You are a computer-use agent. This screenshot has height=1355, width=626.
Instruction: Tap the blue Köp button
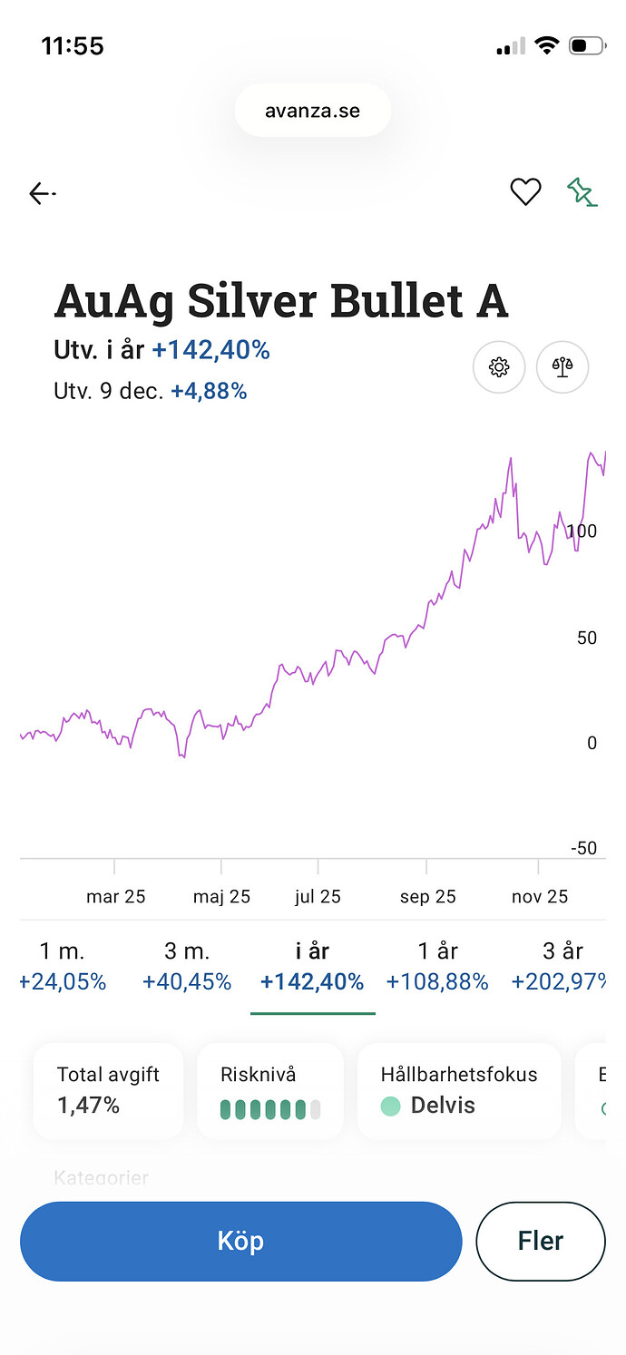click(x=240, y=1241)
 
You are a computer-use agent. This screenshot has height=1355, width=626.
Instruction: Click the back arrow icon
click(x=42, y=193)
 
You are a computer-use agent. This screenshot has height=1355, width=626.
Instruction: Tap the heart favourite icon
click(x=525, y=191)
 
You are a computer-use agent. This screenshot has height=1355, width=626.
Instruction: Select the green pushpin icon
click(x=582, y=191)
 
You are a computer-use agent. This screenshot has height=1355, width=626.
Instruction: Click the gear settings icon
click(x=499, y=367)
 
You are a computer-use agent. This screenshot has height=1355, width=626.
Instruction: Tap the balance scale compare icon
click(x=562, y=367)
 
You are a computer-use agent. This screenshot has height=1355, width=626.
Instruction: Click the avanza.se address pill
click(x=312, y=112)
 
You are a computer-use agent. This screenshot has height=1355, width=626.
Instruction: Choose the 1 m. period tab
click(x=62, y=966)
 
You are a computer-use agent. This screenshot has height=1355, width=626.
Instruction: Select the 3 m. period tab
click(x=187, y=966)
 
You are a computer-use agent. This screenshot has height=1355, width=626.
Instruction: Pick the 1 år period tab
click(x=437, y=966)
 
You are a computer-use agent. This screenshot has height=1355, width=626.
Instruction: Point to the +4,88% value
click(x=209, y=391)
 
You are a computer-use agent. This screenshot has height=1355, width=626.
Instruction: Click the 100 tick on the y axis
click(x=582, y=531)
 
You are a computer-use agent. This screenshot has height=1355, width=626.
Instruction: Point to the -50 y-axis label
click(x=583, y=848)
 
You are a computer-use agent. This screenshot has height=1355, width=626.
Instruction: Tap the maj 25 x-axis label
click(x=221, y=897)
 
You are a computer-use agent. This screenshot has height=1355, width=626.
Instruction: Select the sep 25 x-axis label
click(x=427, y=897)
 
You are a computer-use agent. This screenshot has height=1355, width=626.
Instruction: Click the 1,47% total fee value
click(x=88, y=1105)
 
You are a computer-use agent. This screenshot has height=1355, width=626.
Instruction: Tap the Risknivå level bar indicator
click(x=270, y=1109)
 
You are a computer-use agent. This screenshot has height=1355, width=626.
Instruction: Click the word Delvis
click(x=443, y=1105)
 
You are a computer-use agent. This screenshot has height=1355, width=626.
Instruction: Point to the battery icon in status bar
click(x=586, y=45)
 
